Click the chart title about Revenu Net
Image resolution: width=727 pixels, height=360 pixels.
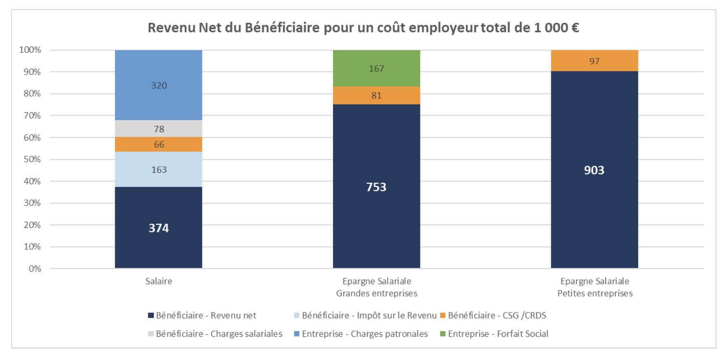(363, 28)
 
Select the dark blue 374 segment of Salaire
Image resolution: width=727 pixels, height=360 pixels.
(158, 228)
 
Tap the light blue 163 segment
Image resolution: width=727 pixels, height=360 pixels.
(158, 169)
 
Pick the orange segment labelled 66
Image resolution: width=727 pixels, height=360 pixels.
(158, 144)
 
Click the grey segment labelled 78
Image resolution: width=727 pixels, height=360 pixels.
(158, 129)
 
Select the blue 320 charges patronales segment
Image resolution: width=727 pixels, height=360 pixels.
(158, 85)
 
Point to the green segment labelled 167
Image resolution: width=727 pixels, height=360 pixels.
(376, 69)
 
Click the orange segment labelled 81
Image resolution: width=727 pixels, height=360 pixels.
(376, 95)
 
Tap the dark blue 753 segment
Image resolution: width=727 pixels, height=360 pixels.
(376, 187)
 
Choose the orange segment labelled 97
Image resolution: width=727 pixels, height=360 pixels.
(594, 61)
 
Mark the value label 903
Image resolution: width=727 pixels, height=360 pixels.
(594, 170)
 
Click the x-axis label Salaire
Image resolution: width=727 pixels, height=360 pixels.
(158, 281)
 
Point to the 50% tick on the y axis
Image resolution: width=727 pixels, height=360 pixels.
(32, 159)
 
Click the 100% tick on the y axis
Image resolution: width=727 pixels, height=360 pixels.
(30, 50)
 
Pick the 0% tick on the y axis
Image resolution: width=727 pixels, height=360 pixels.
(35, 269)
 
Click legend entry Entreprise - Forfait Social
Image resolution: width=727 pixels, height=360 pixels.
(494, 334)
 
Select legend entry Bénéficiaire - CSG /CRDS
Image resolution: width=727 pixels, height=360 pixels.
(493, 315)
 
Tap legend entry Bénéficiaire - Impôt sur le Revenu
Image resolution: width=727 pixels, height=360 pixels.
(365, 315)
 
